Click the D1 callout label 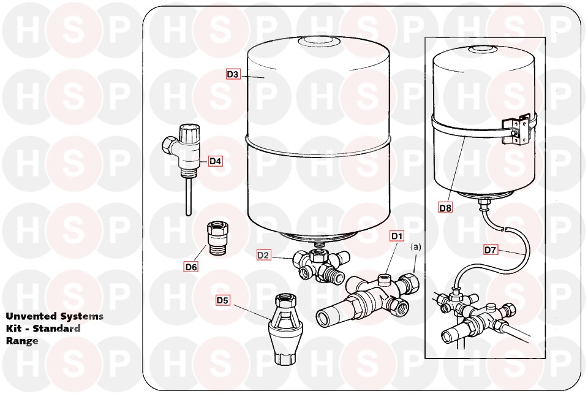pos(397,236)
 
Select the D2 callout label pos(263,255)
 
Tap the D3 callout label pos(233,74)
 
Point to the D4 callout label pos(215,161)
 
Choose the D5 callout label pos(223,300)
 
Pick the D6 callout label pos(191,267)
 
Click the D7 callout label pos(491,249)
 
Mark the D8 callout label pos(445,207)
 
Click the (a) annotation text pos(415,247)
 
